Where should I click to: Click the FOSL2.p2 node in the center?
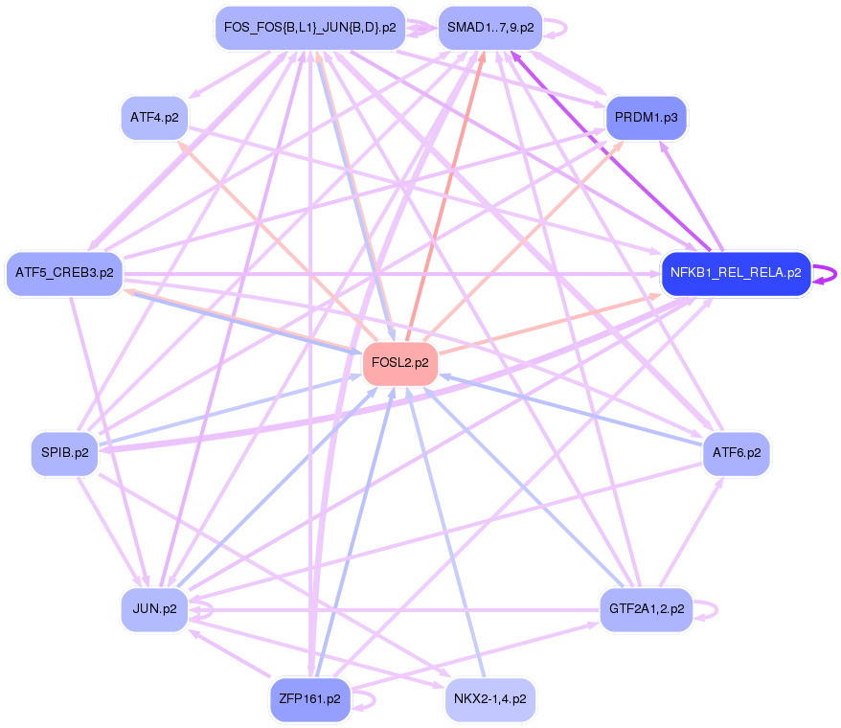(x=399, y=363)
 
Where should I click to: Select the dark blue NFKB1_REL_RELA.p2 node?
(x=736, y=273)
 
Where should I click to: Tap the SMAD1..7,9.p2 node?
(x=490, y=28)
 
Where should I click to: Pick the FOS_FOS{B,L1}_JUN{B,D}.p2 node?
(x=309, y=28)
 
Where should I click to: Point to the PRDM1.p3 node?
(x=647, y=118)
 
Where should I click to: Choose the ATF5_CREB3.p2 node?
(x=64, y=273)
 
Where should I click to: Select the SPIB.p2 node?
(x=64, y=453)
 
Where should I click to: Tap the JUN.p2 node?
(x=154, y=609)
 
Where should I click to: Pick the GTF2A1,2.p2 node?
(x=646, y=609)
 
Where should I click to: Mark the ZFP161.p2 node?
(x=308, y=699)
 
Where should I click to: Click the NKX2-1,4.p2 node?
(x=489, y=699)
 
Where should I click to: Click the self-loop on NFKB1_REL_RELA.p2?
(x=823, y=273)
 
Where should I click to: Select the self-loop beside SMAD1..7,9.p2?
(x=559, y=28)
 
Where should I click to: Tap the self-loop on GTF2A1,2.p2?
(x=710, y=609)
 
